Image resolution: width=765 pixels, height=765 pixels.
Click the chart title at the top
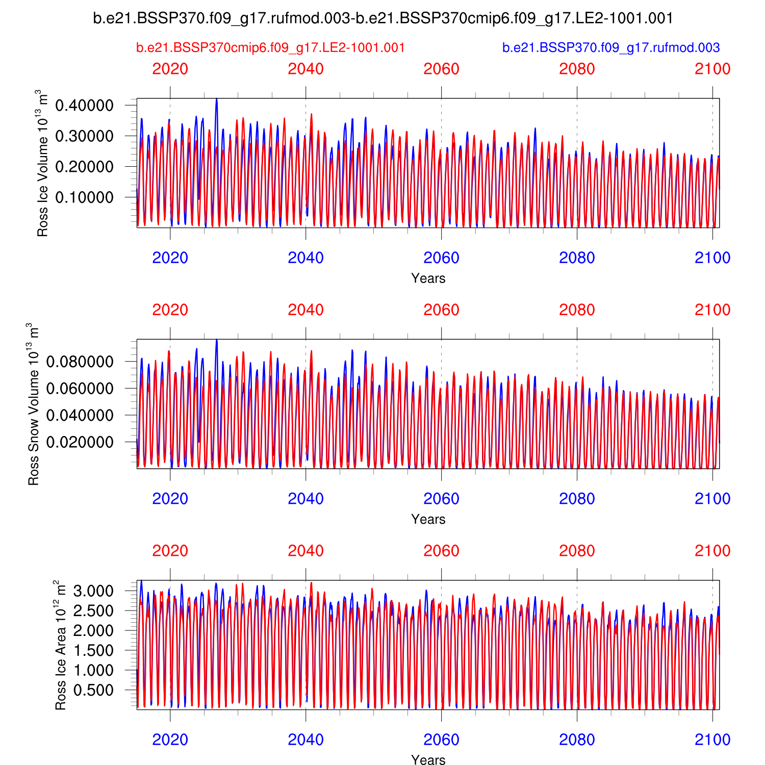point(383,18)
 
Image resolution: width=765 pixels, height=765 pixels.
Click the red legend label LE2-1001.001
point(270,47)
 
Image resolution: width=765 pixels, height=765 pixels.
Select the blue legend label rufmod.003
point(611,47)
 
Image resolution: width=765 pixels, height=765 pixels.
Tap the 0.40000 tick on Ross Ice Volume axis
point(84,106)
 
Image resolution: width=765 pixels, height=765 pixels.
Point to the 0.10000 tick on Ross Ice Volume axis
point(84,197)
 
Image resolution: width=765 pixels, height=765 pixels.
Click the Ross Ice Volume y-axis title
point(42,163)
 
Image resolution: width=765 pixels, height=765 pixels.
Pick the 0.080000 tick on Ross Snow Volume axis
point(80,362)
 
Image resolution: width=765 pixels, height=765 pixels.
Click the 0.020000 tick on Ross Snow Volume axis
point(80,442)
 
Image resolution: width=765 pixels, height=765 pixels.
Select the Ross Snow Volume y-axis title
point(33,404)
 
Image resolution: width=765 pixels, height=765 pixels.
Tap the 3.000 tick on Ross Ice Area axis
point(93,592)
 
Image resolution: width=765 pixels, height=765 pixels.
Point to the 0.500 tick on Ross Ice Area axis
point(93,690)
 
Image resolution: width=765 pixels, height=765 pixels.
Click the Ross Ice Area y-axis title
point(61,645)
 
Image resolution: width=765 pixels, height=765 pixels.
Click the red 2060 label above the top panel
point(441,69)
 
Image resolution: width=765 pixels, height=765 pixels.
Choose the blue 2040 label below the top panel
point(305,258)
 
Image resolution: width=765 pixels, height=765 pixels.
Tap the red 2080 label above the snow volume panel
point(577,310)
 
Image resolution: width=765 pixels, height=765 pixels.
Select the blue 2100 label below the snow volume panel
point(712,499)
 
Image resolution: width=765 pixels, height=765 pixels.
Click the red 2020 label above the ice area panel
point(170,551)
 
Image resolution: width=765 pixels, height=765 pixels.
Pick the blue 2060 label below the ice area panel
point(441,740)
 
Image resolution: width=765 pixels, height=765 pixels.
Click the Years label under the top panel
point(428,278)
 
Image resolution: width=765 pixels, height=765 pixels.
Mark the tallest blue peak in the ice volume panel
point(217,99)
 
